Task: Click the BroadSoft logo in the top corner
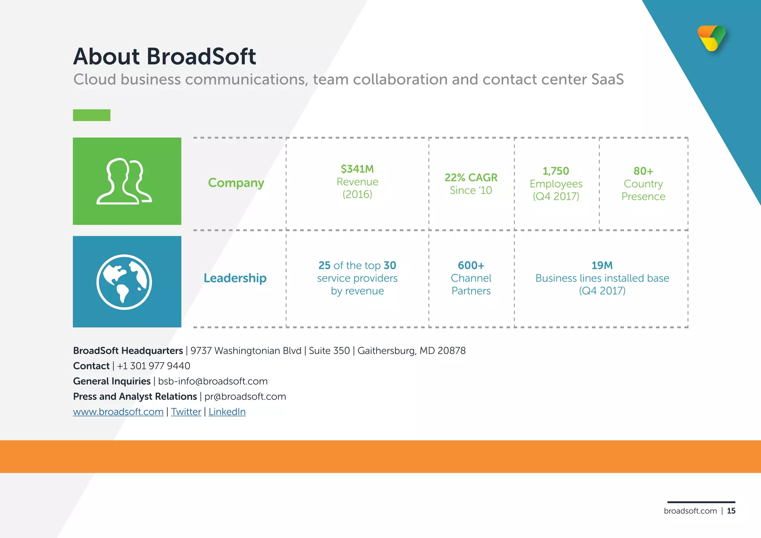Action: pyautogui.click(x=712, y=38)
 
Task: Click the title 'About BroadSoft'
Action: pyautogui.click(x=165, y=56)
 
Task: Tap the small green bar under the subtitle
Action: pyautogui.click(x=91, y=115)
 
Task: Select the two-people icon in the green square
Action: pyautogui.click(x=124, y=182)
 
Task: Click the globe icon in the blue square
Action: pyautogui.click(x=124, y=282)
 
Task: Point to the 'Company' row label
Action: pyautogui.click(x=236, y=183)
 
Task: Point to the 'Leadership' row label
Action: pyautogui.click(x=235, y=278)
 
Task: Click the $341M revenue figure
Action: pyautogui.click(x=357, y=169)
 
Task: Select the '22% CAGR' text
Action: pyautogui.click(x=471, y=178)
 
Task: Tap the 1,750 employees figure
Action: pyautogui.click(x=556, y=171)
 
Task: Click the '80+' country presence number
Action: pyautogui.click(x=643, y=171)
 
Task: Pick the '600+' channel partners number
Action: pyautogui.click(x=471, y=265)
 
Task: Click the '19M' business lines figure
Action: pyautogui.click(x=602, y=265)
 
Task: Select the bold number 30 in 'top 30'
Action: pyautogui.click(x=390, y=265)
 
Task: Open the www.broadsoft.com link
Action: pyautogui.click(x=118, y=412)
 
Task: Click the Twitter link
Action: pyautogui.click(x=186, y=412)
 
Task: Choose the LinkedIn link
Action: pyautogui.click(x=227, y=412)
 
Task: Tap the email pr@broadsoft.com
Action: pyautogui.click(x=245, y=396)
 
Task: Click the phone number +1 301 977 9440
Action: pyautogui.click(x=153, y=366)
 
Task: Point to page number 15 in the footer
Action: pyautogui.click(x=731, y=511)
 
